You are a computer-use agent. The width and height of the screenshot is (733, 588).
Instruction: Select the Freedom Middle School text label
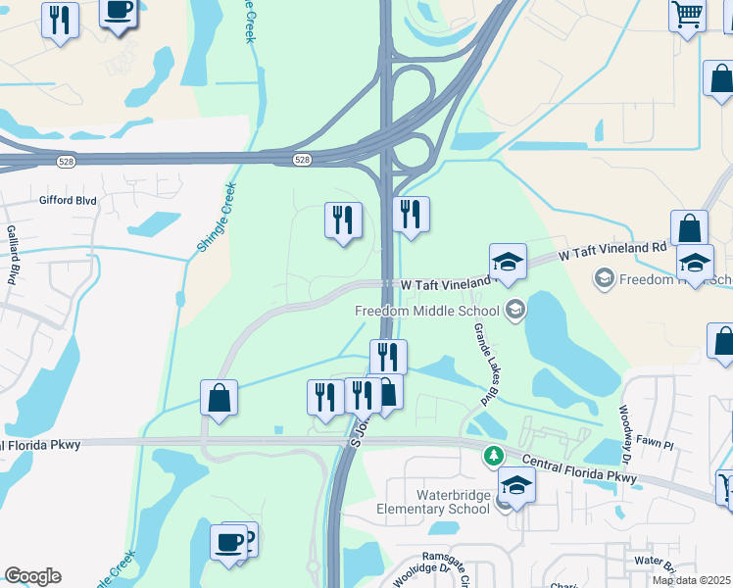pyautogui.click(x=427, y=312)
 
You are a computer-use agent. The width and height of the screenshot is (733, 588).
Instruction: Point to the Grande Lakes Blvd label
pyautogui.click(x=481, y=364)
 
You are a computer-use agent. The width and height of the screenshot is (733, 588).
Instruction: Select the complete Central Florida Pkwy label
pyautogui.click(x=578, y=468)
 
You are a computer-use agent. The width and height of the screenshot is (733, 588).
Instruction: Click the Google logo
pyautogui.click(x=32, y=576)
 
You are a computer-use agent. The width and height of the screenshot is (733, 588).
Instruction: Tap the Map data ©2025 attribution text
pyautogui.click(x=692, y=580)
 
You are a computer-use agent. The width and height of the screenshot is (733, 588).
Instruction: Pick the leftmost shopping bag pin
pyautogui.click(x=219, y=398)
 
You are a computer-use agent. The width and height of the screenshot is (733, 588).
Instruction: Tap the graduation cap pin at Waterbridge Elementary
pyautogui.click(x=516, y=485)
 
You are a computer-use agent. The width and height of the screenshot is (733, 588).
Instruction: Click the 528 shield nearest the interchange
pyautogui.click(x=304, y=160)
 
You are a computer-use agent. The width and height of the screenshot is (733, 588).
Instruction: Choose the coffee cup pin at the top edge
pyautogui.click(x=119, y=12)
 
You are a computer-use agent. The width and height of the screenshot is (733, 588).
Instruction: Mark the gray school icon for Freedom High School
pyautogui.click(x=605, y=279)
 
